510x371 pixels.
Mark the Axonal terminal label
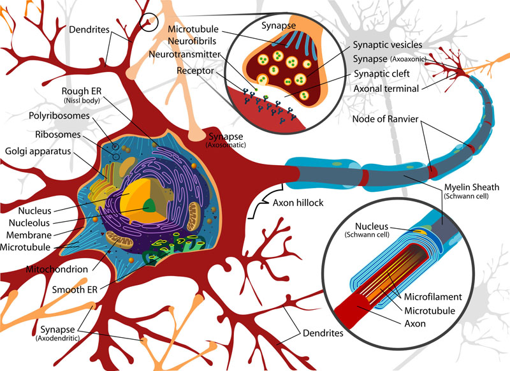[x=388, y=88]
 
